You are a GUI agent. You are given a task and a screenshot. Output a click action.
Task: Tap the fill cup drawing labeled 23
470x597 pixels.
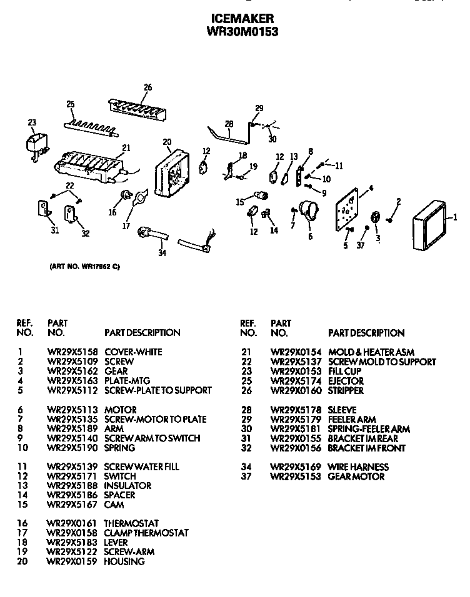[36, 144]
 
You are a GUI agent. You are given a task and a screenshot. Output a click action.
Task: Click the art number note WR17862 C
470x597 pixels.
[84, 267]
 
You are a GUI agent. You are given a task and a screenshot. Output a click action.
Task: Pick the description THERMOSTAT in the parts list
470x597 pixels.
[131, 523]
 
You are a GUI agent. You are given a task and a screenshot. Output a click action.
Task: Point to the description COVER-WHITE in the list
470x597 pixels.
[133, 352]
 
